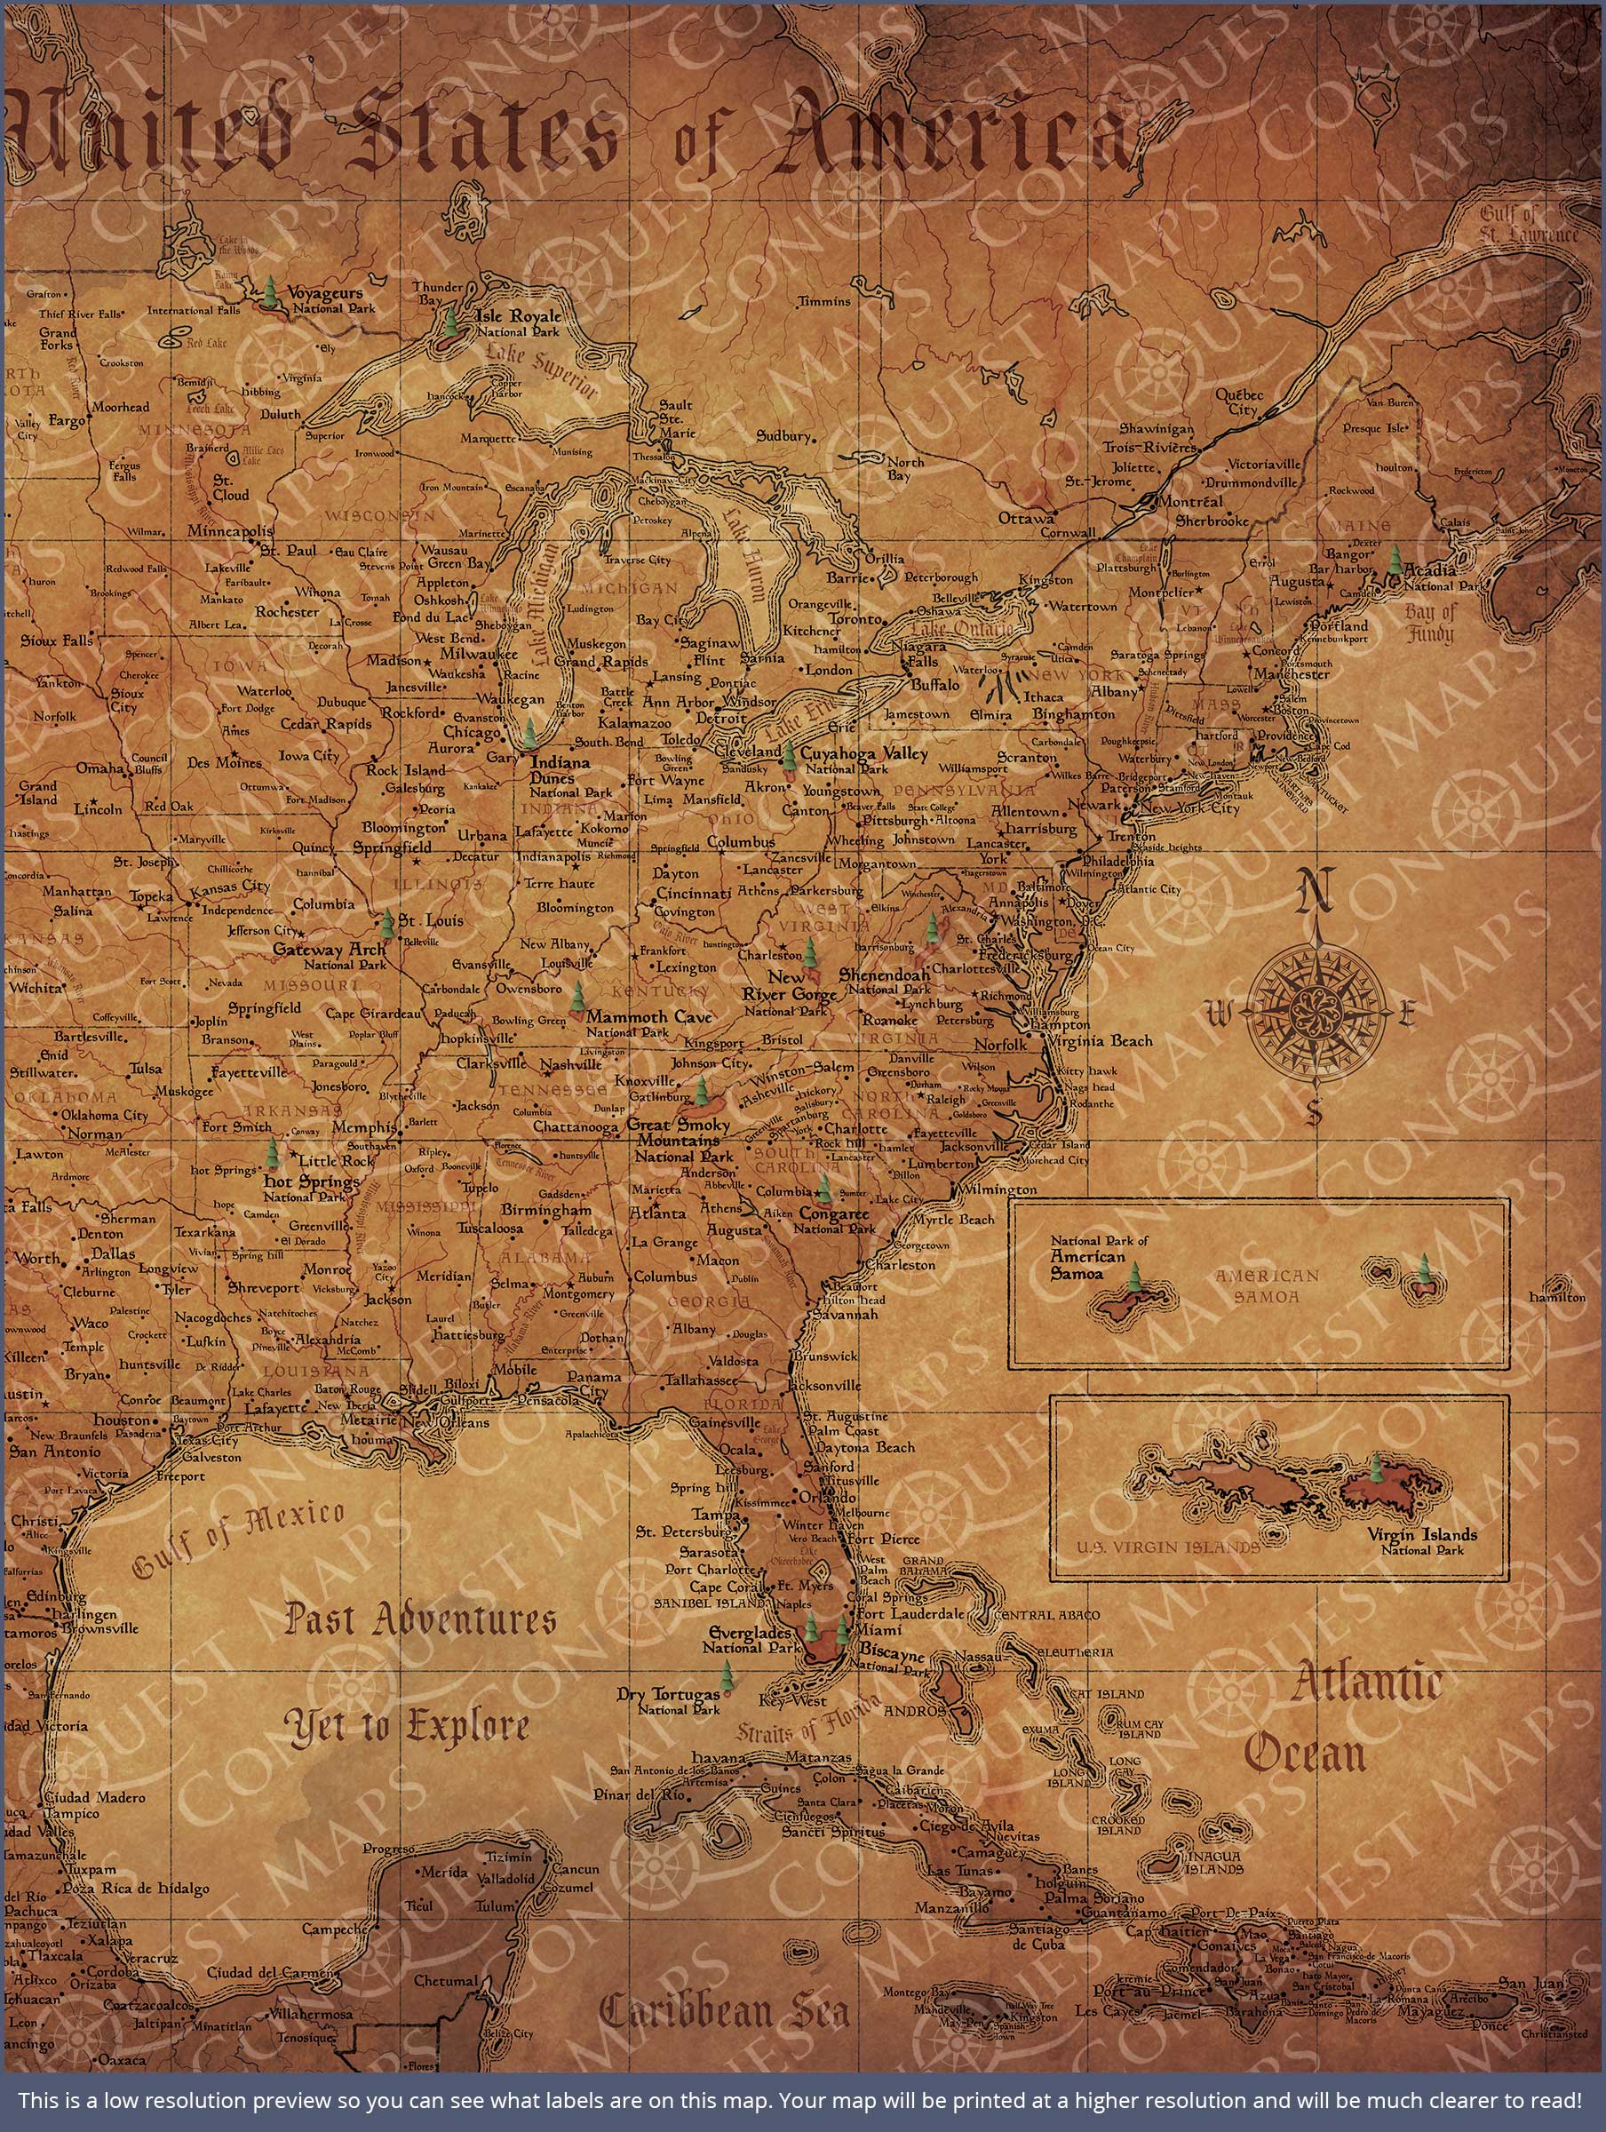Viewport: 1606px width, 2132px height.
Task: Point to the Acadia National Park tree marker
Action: [x=1394, y=560]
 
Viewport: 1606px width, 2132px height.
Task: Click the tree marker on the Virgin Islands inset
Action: [x=1376, y=1471]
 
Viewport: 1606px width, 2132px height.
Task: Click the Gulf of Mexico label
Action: [x=237, y=1539]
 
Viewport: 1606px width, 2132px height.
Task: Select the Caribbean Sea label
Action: [x=725, y=2011]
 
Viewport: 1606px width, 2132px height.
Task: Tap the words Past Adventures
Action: [x=420, y=1619]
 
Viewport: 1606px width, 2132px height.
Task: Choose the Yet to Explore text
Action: [x=406, y=1726]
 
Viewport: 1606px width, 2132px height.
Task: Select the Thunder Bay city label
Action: [x=438, y=293]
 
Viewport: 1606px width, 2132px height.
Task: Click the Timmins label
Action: [x=824, y=302]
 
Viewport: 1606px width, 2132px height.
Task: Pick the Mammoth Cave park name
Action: [x=648, y=1017]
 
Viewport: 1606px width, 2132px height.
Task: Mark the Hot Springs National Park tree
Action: [x=274, y=1155]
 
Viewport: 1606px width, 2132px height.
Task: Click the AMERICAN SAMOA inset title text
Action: [x=1266, y=1285]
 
